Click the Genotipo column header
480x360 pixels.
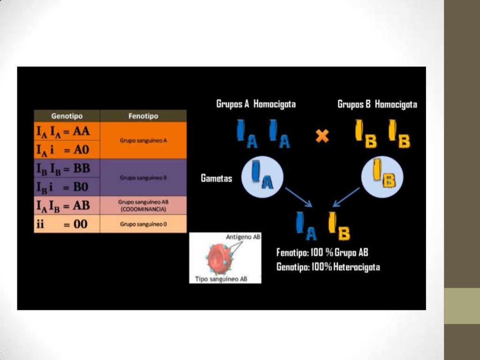[x=67, y=116]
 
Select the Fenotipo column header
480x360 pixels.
[x=143, y=116]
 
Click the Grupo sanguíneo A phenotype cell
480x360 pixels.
[x=143, y=140]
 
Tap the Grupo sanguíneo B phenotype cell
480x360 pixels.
[x=143, y=178]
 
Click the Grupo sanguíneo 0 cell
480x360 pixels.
[x=143, y=224]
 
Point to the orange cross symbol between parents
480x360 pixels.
[x=322, y=136]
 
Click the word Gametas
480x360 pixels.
[x=217, y=179]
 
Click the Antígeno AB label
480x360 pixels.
[x=243, y=237]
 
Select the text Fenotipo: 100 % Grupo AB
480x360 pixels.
[x=322, y=253]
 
